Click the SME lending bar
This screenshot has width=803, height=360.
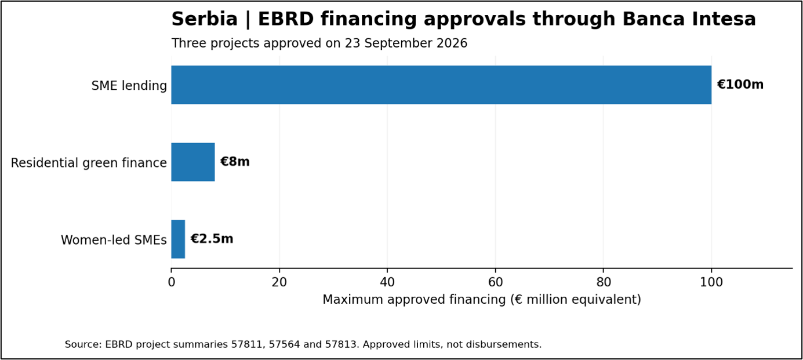tap(441, 85)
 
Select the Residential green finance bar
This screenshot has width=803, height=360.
tap(193, 162)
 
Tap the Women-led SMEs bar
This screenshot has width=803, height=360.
tap(178, 239)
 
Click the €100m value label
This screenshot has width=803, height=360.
tap(740, 85)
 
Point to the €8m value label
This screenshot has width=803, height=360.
tap(235, 162)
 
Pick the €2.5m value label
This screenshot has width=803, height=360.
tap(212, 239)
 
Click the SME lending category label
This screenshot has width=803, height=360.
tap(129, 86)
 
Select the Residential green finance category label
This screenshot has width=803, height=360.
tap(89, 163)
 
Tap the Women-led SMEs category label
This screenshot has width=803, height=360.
tap(114, 240)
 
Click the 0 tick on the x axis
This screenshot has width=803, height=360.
tap(172, 282)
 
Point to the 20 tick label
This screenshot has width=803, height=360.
tap(279, 282)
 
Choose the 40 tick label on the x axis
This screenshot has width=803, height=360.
tap(387, 282)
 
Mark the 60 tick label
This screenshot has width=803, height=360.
tap(495, 282)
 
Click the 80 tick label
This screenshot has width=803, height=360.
tap(604, 282)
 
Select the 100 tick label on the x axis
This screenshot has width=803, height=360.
tap(711, 282)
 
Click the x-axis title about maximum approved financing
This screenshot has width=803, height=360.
tap(482, 299)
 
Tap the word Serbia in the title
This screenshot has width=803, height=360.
tap(205, 19)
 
